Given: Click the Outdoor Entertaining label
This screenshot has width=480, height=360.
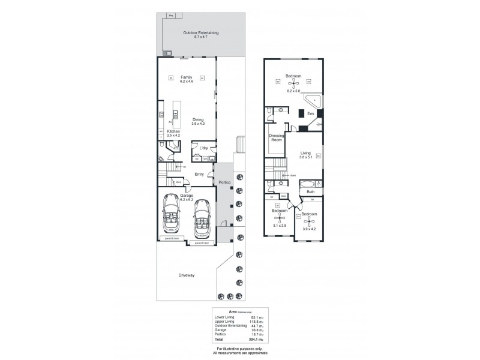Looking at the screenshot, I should coord(200,32).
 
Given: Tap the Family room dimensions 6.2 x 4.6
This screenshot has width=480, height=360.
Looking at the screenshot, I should coord(187,81).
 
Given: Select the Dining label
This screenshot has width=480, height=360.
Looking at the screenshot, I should coord(198,119).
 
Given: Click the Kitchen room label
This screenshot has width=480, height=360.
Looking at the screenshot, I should coord(174,131).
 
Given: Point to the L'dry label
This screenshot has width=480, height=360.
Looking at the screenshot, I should coord(203,148).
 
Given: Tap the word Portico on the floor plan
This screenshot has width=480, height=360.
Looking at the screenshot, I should coord(224,182).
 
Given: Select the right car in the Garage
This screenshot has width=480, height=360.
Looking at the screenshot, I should coord(202,221).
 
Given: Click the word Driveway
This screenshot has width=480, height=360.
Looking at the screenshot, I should coord(187,275).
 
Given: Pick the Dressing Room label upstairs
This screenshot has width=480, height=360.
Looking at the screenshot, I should coord(277,138).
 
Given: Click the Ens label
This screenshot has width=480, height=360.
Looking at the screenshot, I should coord(310,113).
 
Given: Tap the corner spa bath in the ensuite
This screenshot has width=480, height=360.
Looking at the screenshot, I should coord(314,99).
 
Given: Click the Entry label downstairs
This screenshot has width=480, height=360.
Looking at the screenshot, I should coord(199,174).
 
